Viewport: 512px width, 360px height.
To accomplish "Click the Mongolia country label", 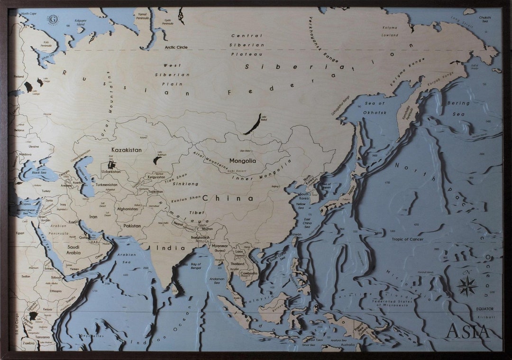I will (242, 161).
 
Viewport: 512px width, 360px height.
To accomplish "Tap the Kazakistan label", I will (126, 150).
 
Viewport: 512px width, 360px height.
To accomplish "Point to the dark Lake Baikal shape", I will (253, 124).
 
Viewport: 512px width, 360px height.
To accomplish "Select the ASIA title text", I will (467, 331).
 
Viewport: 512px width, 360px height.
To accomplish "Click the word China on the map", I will (228, 198).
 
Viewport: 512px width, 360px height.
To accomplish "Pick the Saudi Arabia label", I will (73, 250).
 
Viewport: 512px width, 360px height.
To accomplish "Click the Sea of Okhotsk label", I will (375, 108).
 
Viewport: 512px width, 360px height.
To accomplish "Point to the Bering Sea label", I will (458, 108).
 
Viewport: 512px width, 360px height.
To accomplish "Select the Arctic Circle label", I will (176, 47).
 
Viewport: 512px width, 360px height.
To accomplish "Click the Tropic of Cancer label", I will (407, 239).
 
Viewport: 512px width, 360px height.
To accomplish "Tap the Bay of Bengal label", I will (196, 266).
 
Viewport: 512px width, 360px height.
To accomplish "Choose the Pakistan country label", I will (132, 226).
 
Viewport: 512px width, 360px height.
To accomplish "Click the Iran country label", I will (93, 216).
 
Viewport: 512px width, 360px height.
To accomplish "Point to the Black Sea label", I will (39, 172).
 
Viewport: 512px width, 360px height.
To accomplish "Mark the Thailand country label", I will (238, 264).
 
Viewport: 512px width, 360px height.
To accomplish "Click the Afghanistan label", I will (128, 209).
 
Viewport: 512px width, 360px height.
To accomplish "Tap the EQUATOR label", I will (485, 309).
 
